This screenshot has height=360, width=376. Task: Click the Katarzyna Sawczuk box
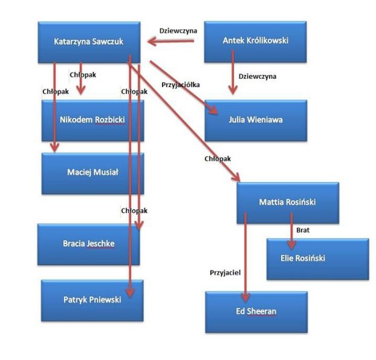point(88,42)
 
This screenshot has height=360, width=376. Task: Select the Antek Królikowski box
point(255,41)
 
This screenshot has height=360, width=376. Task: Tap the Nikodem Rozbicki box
point(92,120)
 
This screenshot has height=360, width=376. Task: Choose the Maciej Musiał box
point(92,172)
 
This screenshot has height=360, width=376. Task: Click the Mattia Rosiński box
point(287,202)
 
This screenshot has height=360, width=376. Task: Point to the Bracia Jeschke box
point(88,244)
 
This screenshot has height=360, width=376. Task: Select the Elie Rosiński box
point(317,258)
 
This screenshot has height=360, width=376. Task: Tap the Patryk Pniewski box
point(92,299)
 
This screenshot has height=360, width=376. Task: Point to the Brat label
point(303,230)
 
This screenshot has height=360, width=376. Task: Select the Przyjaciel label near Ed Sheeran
point(225,273)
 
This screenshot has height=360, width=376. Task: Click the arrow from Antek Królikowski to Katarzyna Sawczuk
point(172,42)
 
